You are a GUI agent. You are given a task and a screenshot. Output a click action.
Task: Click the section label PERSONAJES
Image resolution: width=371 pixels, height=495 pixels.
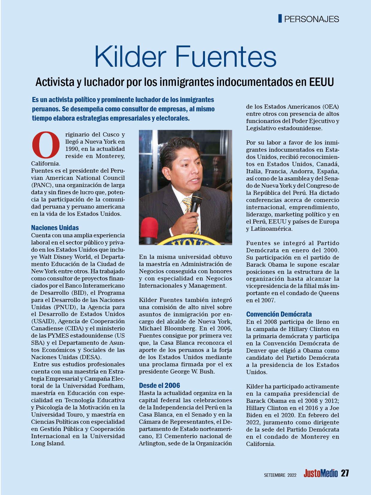pyautogui.click(x=311, y=19)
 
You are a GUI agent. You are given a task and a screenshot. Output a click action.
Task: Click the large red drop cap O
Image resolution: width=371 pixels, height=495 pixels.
pyautogui.click(x=46, y=145)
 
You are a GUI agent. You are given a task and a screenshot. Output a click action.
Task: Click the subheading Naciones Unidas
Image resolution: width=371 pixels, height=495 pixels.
pyautogui.click(x=55, y=228)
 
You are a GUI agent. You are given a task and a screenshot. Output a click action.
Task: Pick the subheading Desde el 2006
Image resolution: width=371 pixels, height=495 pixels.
pyautogui.click(x=159, y=385)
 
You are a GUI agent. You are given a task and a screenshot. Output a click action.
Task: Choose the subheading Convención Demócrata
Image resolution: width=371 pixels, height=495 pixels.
pyautogui.click(x=279, y=314)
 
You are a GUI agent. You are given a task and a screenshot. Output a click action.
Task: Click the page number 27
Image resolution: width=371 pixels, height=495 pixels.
pyautogui.click(x=345, y=474)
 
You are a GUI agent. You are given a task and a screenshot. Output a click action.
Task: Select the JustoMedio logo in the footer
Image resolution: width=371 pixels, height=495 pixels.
pyautogui.click(x=320, y=474)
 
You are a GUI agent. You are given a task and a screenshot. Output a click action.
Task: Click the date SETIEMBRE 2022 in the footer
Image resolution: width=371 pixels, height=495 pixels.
pyautogui.click(x=280, y=475)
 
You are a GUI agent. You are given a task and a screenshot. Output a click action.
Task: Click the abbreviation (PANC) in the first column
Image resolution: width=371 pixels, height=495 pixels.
pyautogui.click(x=41, y=185)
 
